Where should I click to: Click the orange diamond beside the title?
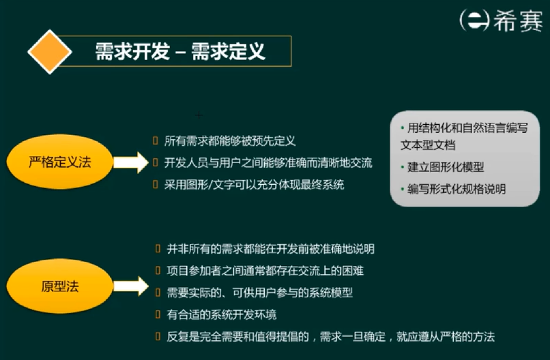(x=50, y=51)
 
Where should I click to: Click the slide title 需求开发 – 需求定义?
(x=180, y=51)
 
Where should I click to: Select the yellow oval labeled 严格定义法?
(x=60, y=163)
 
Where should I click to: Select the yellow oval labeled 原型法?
(x=60, y=286)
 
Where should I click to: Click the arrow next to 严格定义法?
(x=130, y=163)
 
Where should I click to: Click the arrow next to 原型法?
(x=130, y=286)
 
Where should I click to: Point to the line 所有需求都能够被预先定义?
(x=229, y=142)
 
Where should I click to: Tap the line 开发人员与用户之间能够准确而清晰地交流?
(x=268, y=163)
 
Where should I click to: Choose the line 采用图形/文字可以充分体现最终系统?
(x=254, y=184)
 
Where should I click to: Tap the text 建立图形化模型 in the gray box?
(x=446, y=166)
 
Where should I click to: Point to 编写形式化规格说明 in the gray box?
(x=457, y=189)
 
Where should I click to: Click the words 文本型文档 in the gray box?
(x=428, y=145)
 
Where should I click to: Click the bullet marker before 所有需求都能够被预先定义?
(x=156, y=142)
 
